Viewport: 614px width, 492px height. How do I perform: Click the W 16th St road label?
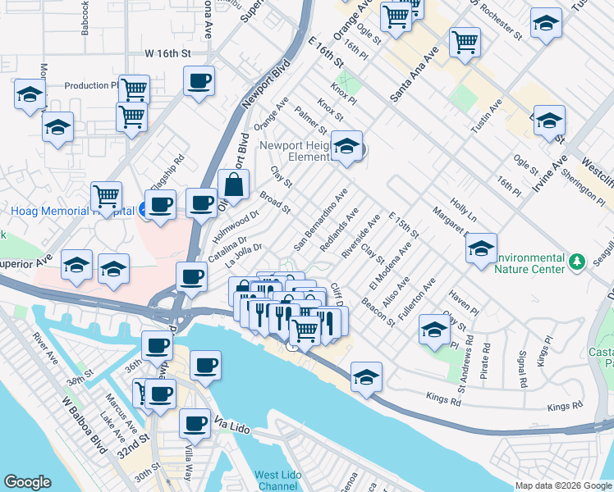pos(167,53)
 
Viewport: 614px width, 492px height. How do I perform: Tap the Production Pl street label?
pos(92,85)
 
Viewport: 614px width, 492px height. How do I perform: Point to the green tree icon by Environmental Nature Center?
pos(578,262)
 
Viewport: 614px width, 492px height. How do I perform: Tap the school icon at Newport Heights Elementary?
pos(347,148)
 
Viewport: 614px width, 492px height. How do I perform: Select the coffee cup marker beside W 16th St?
pos(199,81)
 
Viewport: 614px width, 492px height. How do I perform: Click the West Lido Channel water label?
pos(275,481)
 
